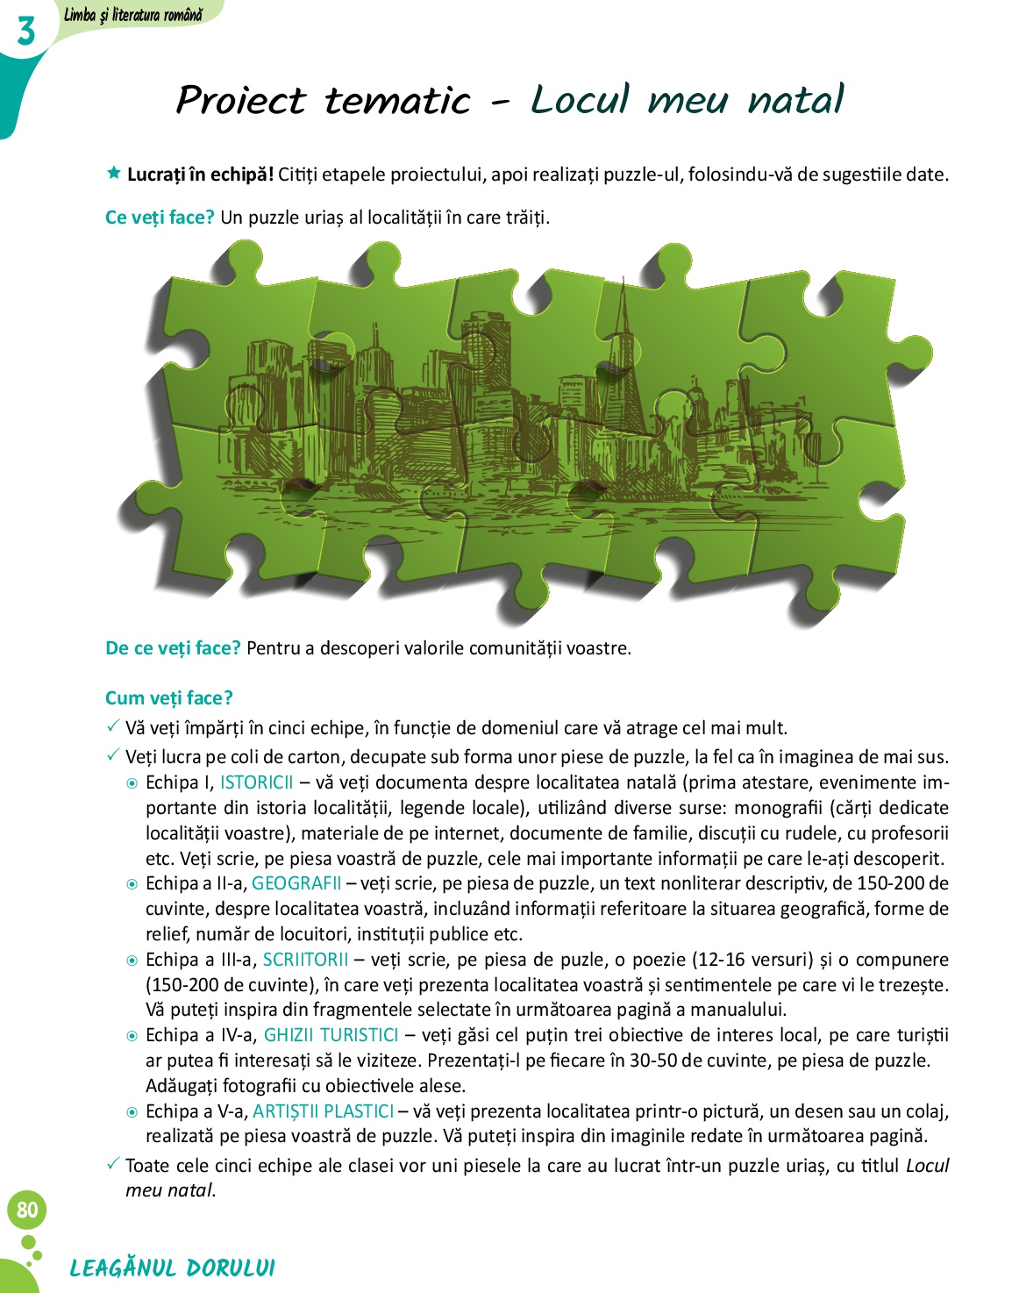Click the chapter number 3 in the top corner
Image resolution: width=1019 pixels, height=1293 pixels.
[26, 32]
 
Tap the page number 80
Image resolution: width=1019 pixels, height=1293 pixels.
[27, 1210]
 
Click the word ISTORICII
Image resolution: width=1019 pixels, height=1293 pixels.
[256, 782]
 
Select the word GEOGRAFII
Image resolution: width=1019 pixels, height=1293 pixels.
[296, 883]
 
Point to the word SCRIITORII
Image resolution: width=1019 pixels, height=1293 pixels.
[305, 960]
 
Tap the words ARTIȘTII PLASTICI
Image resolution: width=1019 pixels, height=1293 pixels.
[323, 1111]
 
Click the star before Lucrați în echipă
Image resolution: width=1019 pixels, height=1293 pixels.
[113, 173]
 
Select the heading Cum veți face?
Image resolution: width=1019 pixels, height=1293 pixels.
[169, 698]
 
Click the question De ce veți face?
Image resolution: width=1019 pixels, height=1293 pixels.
[173, 648]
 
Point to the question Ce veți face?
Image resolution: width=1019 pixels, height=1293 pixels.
[160, 218]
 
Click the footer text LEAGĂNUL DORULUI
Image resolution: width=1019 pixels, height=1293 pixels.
[172, 1268]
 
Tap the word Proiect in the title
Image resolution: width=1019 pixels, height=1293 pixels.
[240, 100]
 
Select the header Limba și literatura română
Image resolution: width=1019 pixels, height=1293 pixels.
[133, 14]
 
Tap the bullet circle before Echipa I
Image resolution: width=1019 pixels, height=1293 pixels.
[132, 783]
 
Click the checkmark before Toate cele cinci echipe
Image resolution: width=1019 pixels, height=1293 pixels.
[112, 1164]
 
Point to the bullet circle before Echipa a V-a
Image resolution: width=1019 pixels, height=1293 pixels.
[132, 1112]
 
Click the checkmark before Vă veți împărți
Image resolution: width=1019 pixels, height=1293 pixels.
[112, 726]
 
